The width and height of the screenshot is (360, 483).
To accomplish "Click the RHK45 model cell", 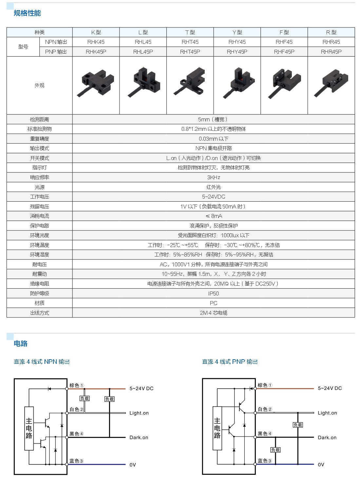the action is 96,42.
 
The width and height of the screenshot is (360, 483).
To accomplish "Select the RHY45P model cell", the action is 237,52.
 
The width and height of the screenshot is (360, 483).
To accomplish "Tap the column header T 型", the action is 190,32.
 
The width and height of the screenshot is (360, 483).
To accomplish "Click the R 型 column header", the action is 331,32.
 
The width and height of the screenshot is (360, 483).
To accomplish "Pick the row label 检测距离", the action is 39,119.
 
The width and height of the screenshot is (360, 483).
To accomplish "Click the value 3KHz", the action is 214,177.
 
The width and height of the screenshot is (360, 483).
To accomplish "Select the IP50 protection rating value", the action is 213,293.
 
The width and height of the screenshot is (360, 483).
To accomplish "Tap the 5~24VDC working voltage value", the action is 214,197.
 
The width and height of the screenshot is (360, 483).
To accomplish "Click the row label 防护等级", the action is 39,293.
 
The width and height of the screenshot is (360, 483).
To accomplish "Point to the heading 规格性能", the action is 27,13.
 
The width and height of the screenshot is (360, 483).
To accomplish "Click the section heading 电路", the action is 21,343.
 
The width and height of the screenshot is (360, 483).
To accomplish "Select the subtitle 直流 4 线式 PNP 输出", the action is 230,362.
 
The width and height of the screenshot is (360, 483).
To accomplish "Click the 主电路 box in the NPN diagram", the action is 29,428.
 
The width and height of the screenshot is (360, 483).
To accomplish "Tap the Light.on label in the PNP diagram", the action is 327,413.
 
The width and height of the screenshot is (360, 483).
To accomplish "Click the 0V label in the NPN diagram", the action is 133,465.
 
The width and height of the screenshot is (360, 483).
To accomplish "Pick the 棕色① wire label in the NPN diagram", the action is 77,385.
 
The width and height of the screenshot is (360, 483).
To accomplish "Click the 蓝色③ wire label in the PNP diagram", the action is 265,460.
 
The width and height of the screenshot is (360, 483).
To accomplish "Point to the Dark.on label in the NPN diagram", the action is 139,438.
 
